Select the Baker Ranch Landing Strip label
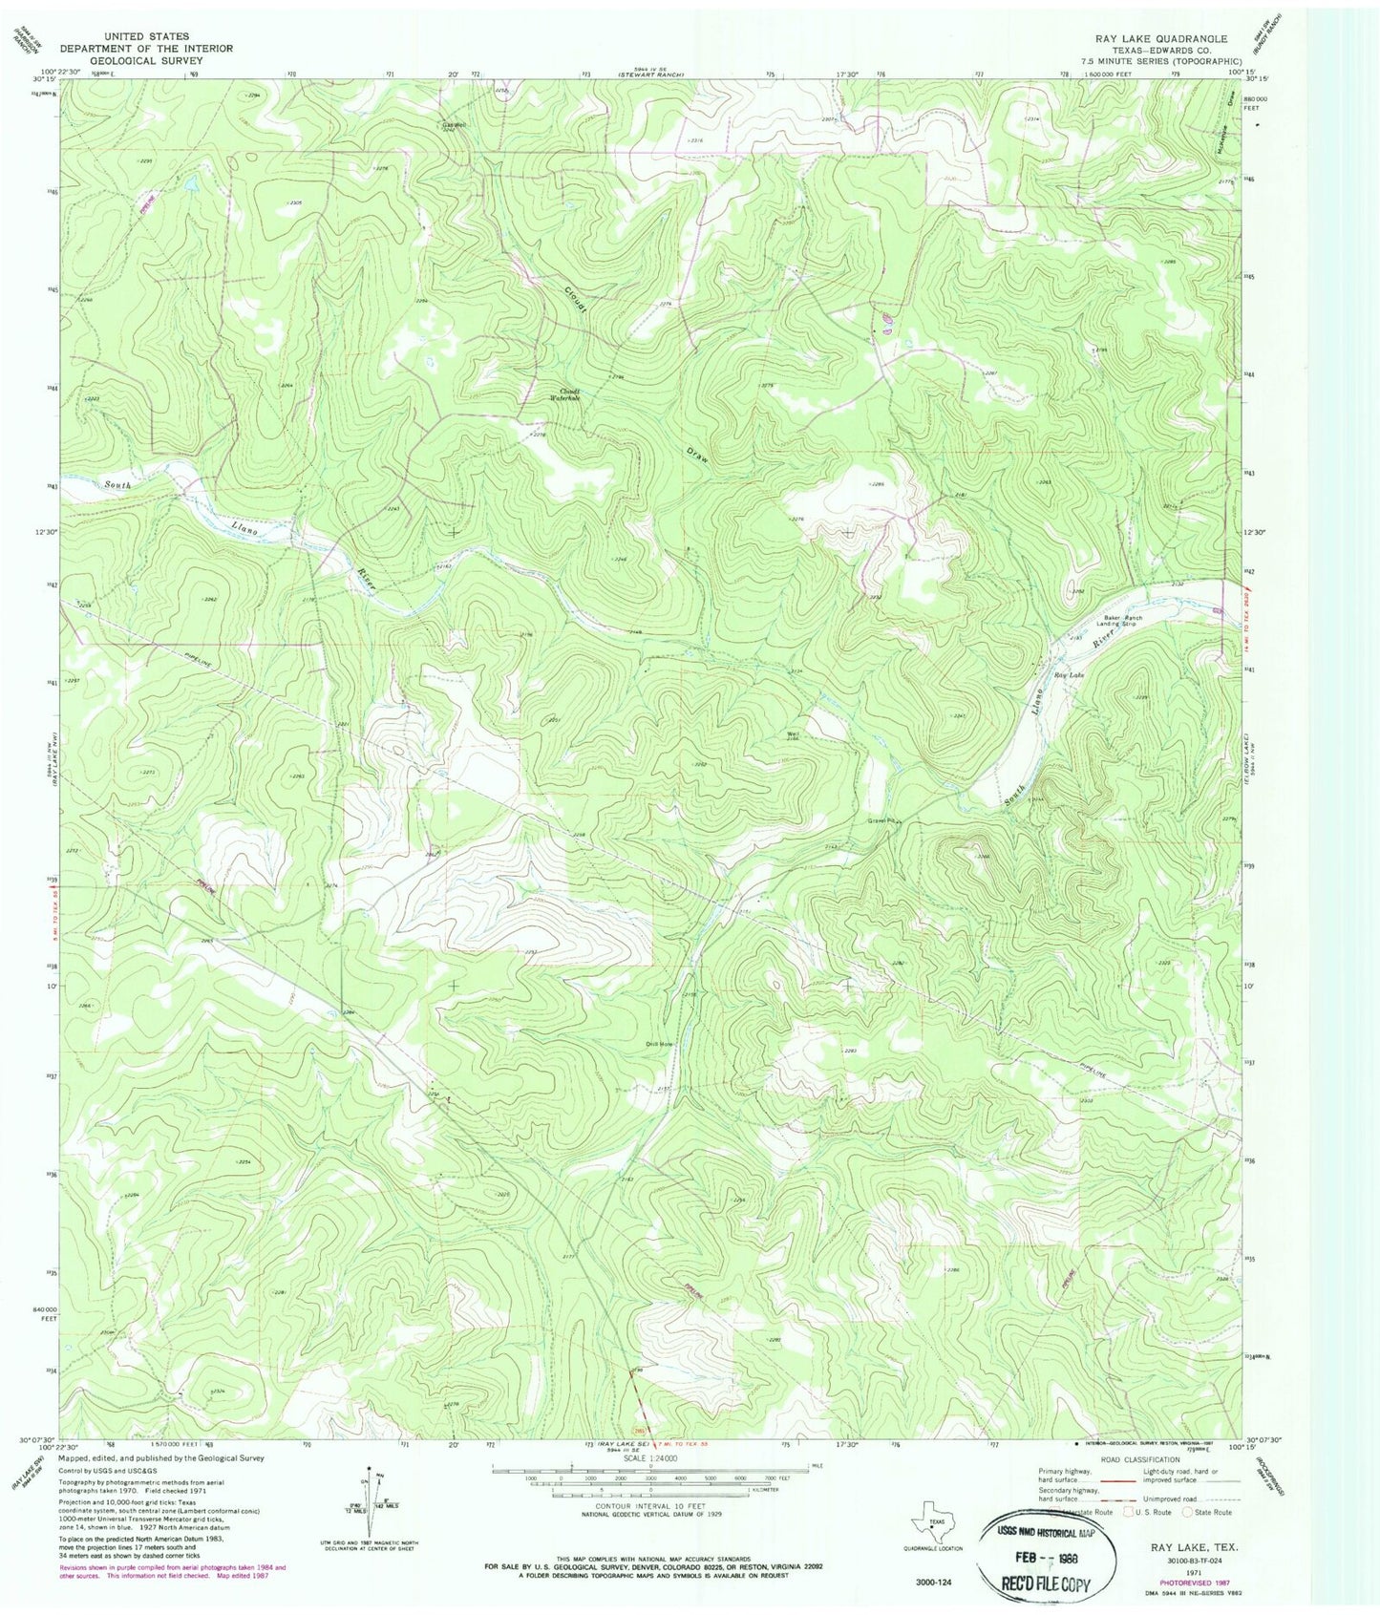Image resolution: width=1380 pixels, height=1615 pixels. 1124,621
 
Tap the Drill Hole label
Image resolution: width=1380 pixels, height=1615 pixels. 659,1044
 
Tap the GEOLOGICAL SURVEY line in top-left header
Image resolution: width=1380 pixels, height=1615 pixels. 146,59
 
